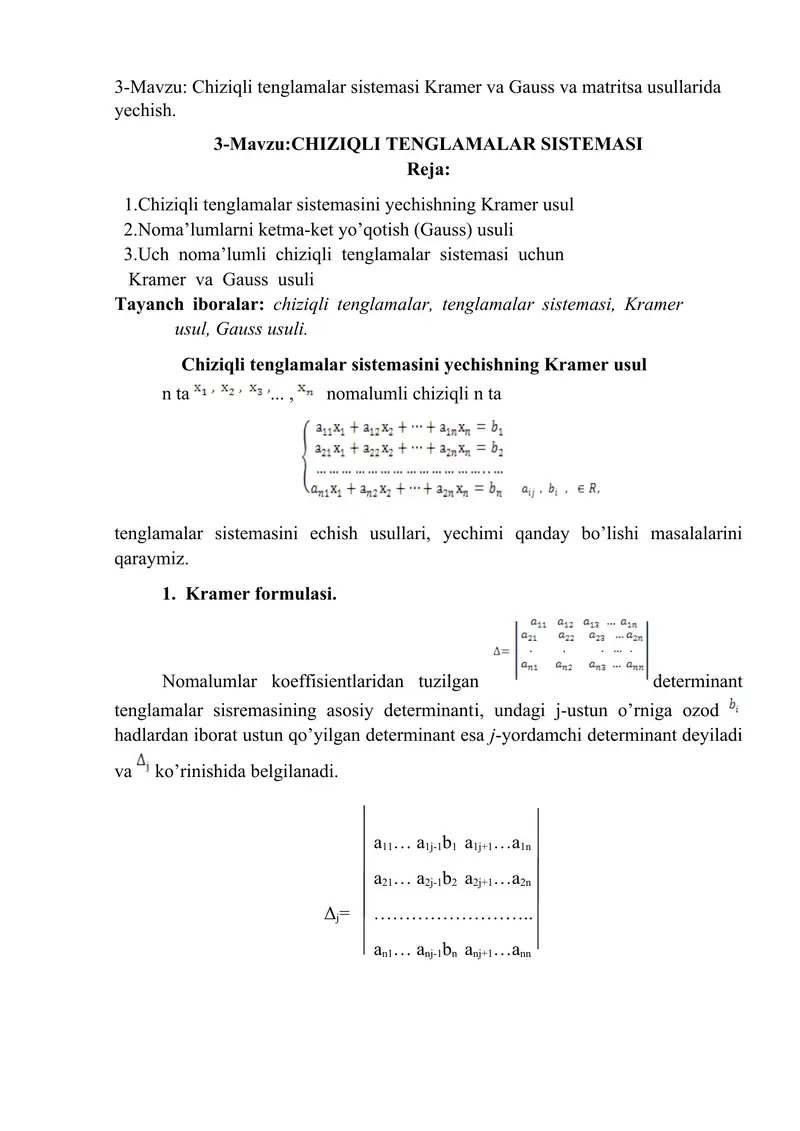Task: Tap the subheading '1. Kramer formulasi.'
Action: coord(248,594)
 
